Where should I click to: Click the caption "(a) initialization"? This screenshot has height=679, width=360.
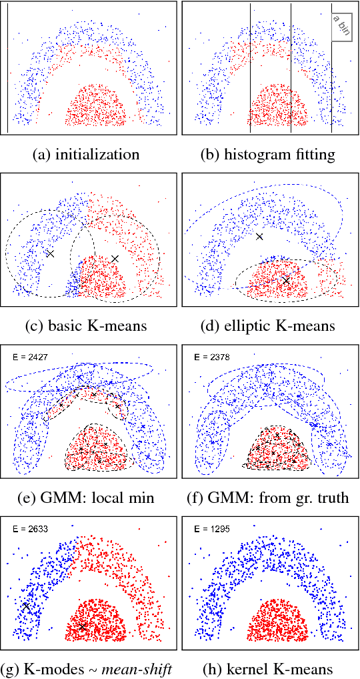pyautogui.click(x=86, y=154)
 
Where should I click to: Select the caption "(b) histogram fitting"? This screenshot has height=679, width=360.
pyautogui.click(x=268, y=154)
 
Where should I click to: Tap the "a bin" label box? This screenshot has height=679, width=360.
pyautogui.click(x=341, y=25)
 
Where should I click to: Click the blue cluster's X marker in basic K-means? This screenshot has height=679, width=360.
pyautogui.click(x=49, y=253)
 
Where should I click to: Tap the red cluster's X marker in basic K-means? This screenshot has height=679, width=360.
pyautogui.click(x=115, y=258)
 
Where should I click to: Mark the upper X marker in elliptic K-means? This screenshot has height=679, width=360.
pyautogui.click(x=259, y=236)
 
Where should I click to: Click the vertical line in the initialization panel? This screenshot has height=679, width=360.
pyautogui.click(x=8, y=67)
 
